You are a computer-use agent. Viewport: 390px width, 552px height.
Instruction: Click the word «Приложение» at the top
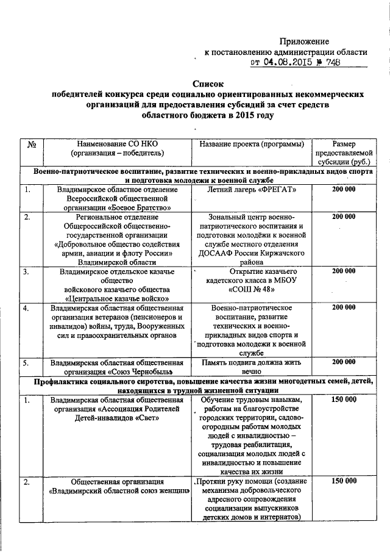click(x=304, y=41)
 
